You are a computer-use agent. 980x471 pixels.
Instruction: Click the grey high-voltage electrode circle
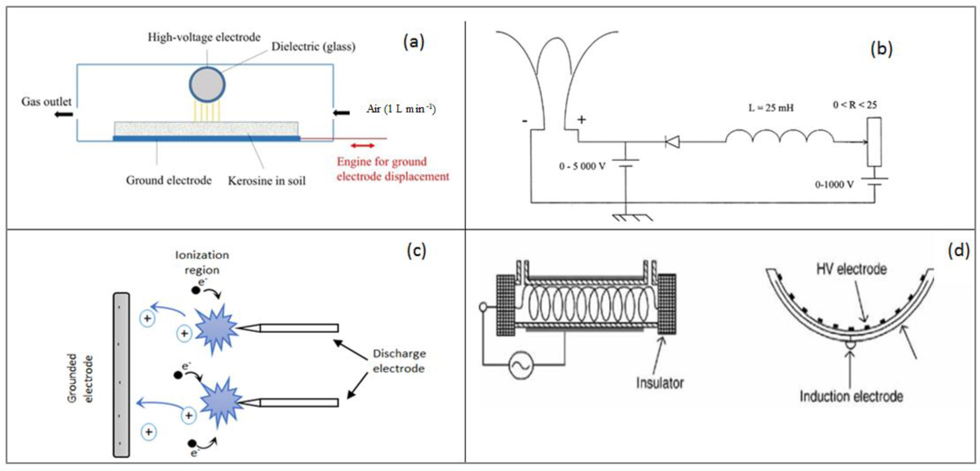tap(207, 85)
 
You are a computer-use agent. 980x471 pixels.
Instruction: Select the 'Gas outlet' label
tap(46, 102)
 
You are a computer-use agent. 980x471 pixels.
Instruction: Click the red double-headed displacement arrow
tap(362, 145)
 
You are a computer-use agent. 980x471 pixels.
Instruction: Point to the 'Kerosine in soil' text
tap(267, 181)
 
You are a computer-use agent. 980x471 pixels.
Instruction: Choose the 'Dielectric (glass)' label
tap(313, 46)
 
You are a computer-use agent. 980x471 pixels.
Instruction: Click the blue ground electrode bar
tap(207, 139)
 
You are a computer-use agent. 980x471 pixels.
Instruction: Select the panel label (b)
tap(881, 49)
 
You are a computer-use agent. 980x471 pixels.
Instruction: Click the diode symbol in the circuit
tap(672, 142)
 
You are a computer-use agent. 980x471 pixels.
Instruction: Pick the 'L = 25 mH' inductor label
tap(771, 108)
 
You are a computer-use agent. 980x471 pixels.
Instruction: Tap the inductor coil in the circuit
tap(780, 137)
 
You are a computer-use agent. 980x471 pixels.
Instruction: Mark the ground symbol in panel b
tap(632, 217)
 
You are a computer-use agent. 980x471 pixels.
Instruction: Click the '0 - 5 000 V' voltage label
tap(582, 166)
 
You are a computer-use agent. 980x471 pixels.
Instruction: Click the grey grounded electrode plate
tap(121, 375)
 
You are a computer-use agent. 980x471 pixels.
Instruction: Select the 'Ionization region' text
tap(202, 262)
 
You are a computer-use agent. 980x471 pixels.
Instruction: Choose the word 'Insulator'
tap(660, 382)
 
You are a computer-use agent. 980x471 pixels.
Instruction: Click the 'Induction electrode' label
tap(851, 397)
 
